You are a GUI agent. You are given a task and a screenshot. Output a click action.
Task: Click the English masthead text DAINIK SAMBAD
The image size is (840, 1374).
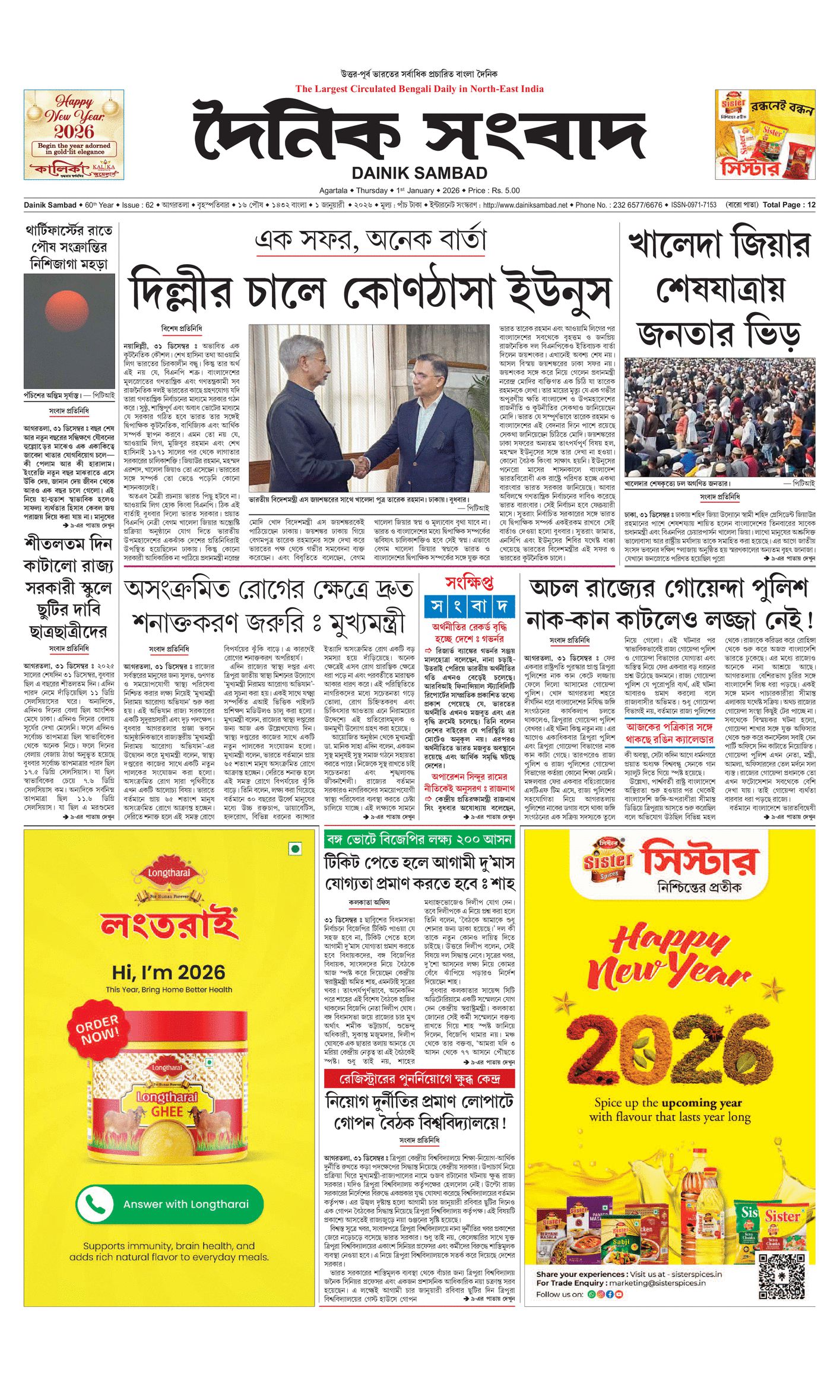(x=419, y=173)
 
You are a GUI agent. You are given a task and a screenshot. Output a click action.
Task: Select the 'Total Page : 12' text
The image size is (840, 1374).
(x=788, y=205)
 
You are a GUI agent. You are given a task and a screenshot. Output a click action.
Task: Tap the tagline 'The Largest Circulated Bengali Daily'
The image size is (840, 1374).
(x=419, y=89)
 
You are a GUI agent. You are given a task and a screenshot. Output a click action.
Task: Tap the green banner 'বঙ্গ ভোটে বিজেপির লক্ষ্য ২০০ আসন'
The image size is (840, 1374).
(x=419, y=839)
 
